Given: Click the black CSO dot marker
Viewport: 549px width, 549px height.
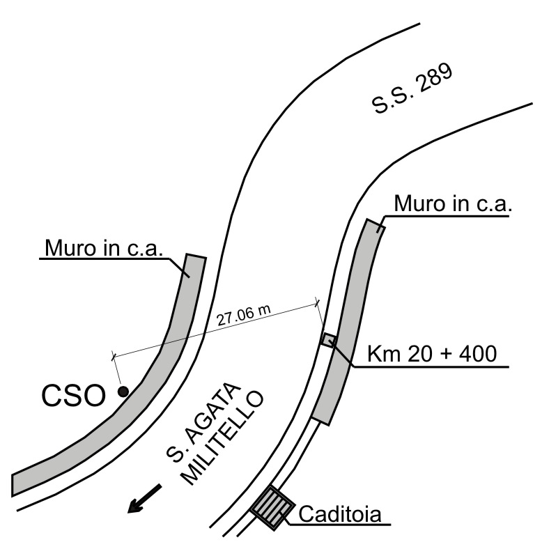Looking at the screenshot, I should (123, 392).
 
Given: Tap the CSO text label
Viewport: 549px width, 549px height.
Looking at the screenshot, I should (72, 396).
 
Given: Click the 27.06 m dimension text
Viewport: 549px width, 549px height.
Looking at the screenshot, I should (242, 318).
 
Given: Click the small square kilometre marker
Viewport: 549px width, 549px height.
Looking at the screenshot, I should (329, 340).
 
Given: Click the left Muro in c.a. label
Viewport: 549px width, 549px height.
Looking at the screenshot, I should (104, 248).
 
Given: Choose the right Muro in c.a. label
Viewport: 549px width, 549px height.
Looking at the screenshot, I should (453, 204).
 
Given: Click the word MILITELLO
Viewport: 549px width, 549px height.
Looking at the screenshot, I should (224, 440).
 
